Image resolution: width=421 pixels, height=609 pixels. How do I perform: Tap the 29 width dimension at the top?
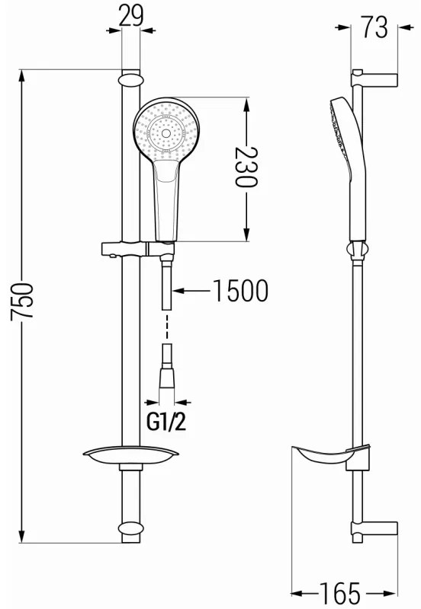click(131, 15)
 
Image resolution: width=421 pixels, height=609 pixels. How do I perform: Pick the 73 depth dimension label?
click(374, 27)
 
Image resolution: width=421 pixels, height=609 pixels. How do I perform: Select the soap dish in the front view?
click(130, 457)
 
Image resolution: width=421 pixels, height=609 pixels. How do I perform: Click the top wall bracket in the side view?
click(374, 78)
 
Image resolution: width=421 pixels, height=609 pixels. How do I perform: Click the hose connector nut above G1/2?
click(167, 377)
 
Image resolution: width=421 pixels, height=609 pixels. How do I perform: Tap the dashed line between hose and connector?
click(167, 327)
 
